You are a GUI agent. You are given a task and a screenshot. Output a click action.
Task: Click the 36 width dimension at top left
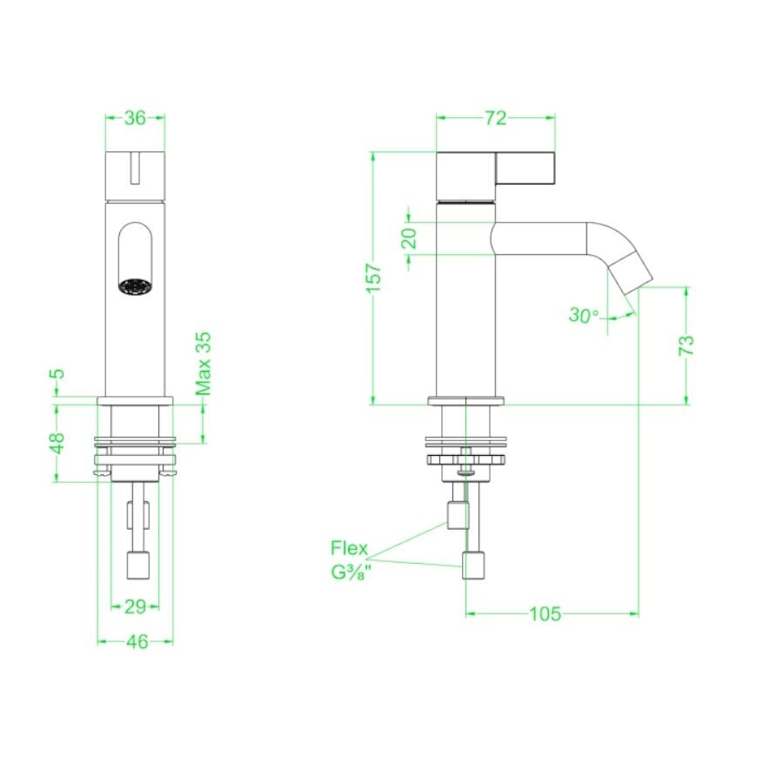(x=135, y=119)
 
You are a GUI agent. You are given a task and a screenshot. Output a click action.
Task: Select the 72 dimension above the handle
(x=495, y=119)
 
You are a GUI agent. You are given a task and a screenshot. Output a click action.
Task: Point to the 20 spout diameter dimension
(x=410, y=237)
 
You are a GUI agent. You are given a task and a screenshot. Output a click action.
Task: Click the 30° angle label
(x=584, y=315)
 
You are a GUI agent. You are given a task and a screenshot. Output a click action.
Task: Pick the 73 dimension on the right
(x=686, y=345)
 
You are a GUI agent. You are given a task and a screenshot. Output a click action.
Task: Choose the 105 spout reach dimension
(x=545, y=614)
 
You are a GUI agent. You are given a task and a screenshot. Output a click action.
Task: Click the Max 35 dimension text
(x=204, y=364)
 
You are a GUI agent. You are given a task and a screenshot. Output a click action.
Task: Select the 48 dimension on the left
(x=57, y=443)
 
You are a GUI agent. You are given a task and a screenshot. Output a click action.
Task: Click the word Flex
(x=349, y=549)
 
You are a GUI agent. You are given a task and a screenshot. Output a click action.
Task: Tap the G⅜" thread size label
(x=349, y=573)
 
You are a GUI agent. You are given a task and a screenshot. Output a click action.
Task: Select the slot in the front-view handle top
(x=135, y=168)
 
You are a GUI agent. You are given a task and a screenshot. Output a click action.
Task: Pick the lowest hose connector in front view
(x=139, y=565)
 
